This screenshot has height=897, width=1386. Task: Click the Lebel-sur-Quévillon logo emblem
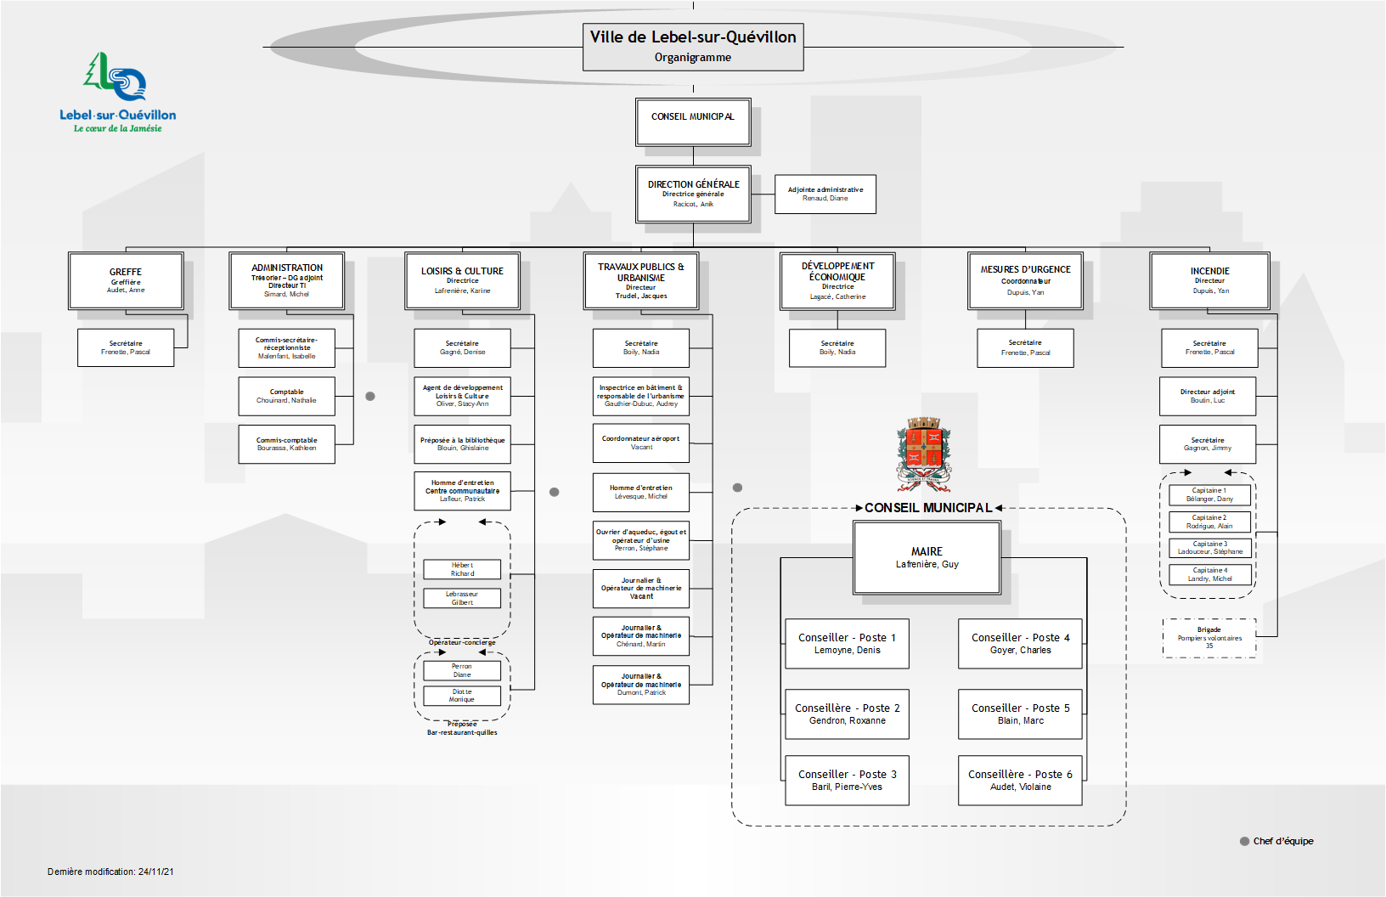(115, 78)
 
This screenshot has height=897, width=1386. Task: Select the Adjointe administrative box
(825, 194)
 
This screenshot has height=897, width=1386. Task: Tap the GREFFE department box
(126, 281)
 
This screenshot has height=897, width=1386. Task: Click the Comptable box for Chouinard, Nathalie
(286, 396)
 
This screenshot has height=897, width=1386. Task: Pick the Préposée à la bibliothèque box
(462, 443)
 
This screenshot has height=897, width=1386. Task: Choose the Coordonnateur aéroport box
(640, 443)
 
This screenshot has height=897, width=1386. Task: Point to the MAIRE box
(927, 557)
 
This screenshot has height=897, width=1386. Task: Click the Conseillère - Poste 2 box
(847, 714)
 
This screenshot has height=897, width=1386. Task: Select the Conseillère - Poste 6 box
(1020, 780)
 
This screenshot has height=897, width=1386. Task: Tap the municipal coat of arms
(923, 453)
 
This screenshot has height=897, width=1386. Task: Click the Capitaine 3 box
(1209, 548)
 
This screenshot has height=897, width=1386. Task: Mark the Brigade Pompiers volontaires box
(1209, 638)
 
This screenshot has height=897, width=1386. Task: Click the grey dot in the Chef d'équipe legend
(1245, 841)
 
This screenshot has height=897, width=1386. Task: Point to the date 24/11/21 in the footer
(156, 872)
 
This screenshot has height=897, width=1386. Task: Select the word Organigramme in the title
(692, 58)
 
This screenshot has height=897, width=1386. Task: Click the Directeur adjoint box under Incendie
(1207, 396)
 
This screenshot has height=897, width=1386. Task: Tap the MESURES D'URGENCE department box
(1025, 280)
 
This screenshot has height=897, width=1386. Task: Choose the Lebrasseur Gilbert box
(462, 598)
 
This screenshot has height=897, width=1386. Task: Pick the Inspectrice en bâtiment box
(640, 395)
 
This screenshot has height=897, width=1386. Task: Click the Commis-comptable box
(286, 443)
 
